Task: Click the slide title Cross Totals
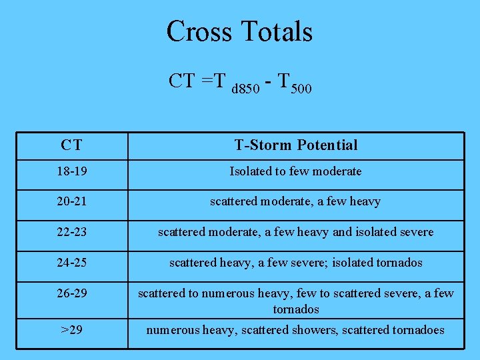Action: (x=239, y=31)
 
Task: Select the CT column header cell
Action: (x=71, y=145)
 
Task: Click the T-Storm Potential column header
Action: (x=295, y=145)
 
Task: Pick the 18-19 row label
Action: (x=71, y=171)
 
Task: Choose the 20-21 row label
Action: (x=71, y=201)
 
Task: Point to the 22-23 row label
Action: (x=71, y=232)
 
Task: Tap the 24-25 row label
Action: (x=71, y=263)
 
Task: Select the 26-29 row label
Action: (x=71, y=293)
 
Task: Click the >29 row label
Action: (x=71, y=330)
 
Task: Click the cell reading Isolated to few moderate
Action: (x=295, y=171)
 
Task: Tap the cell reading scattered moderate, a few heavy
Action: (x=295, y=201)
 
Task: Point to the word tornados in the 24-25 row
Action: (x=398, y=263)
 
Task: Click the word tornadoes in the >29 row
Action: (x=419, y=330)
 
